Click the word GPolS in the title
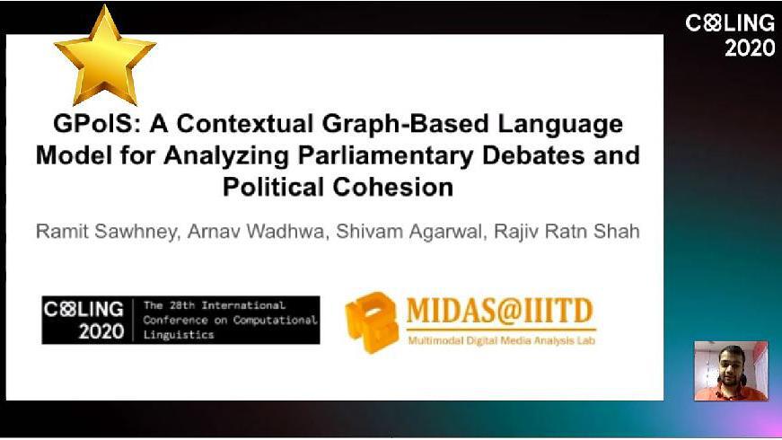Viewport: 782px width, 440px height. coord(93,124)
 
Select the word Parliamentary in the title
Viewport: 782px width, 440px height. coord(385,155)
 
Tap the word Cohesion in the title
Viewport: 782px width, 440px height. coord(393,188)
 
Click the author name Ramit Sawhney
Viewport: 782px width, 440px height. coord(106,232)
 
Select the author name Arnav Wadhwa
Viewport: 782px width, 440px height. coord(256,232)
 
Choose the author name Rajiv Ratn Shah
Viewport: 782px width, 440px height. coord(567,232)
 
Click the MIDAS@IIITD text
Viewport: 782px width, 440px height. coord(500,311)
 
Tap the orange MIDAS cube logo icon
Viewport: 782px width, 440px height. coord(372,322)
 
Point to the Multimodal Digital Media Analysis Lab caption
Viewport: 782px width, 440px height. coord(502,341)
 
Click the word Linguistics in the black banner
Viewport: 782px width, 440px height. coord(179,335)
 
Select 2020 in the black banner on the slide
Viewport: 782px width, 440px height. coord(101,331)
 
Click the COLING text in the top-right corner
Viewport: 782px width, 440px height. coord(730,23)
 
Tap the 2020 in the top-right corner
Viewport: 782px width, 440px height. coord(750,48)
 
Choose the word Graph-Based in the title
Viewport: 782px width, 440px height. coord(405,125)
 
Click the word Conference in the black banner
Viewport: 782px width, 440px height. coord(175,320)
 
